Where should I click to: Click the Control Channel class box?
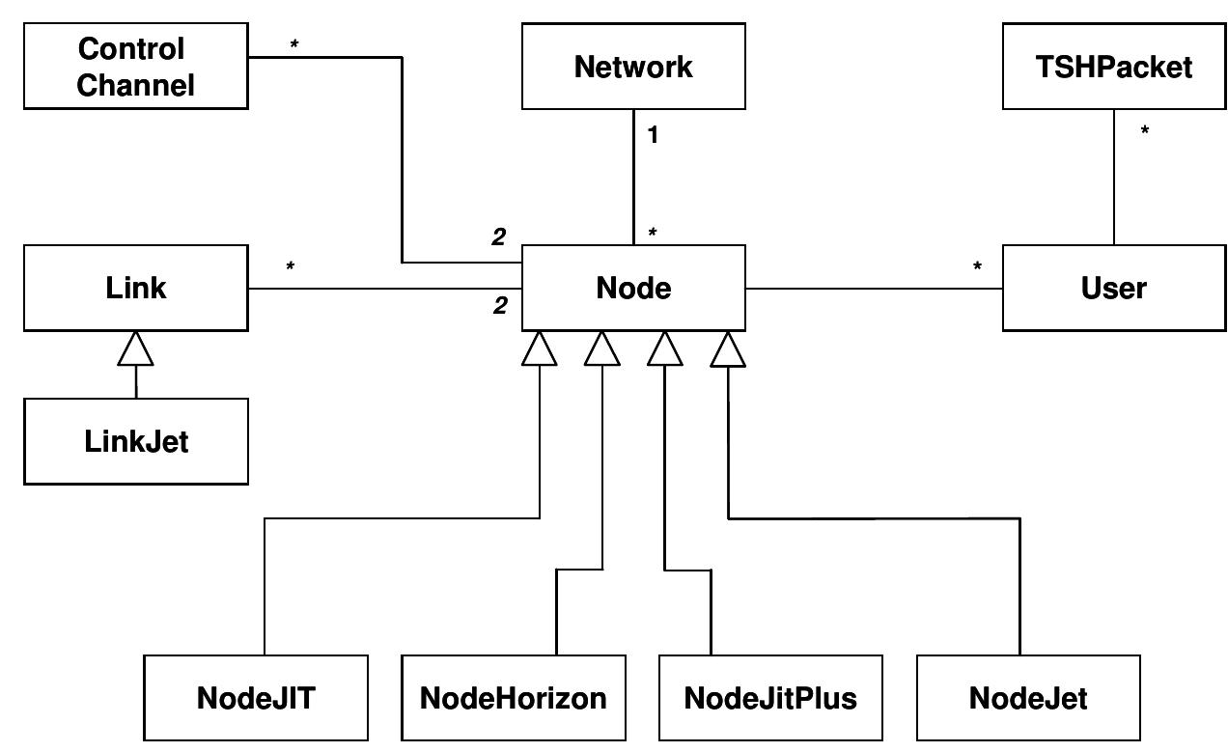(x=135, y=67)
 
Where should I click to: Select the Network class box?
(x=633, y=67)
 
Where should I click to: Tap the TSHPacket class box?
(x=1114, y=67)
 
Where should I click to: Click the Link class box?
(x=135, y=288)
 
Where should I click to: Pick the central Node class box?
(x=633, y=288)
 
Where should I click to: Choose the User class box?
(x=1114, y=288)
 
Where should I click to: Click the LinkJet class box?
(x=135, y=441)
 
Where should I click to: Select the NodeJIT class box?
(x=256, y=698)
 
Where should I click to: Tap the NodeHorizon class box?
(x=514, y=698)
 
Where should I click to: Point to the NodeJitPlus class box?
(x=770, y=698)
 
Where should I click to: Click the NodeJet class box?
(x=1028, y=698)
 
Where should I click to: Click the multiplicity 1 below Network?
(x=653, y=135)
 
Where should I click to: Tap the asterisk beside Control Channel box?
(x=293, y=45)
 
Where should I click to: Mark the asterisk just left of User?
(x=977, y=267)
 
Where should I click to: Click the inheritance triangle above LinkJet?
(x=135, y=349)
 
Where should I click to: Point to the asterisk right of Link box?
(x=290, y=266)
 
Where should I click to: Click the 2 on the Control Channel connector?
(x=498, y=237)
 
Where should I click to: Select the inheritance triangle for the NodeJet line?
(x=728, y=349)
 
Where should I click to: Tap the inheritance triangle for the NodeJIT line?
(x=539, y=349)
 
